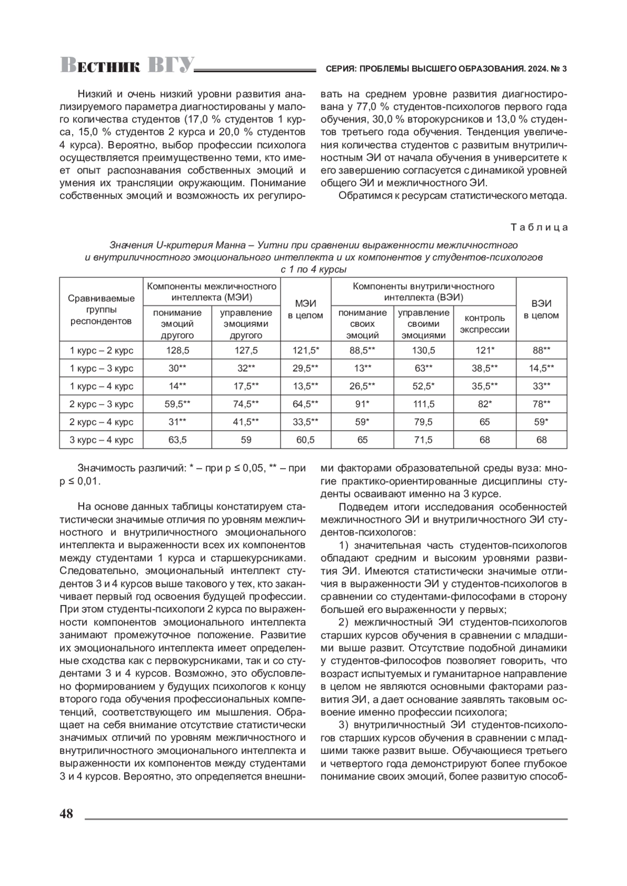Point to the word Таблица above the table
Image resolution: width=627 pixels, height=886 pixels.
click(x=539, y=228)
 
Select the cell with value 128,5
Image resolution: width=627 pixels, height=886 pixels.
click(x=177, y=350)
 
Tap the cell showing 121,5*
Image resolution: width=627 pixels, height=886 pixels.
click(x=306, y=350)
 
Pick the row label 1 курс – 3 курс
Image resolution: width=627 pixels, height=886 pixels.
click(x=101, y=369)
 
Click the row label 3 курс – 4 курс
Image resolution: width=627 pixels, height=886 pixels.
click(x=101, y=440)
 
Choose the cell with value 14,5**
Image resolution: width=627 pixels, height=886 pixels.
click(x=541, y=369)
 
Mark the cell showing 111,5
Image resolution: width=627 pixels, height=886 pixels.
click(x=423, y=404)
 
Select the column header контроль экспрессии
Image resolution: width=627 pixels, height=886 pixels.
click(x=484, y=324)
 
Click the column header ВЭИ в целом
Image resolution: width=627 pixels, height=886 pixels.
click(x=541, y=310)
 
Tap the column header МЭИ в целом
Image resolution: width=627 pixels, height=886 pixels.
click(x=306, y=310)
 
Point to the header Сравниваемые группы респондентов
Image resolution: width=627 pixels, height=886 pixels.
click(x=101, y=310)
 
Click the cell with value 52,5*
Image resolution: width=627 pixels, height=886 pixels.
click(x=423, y=386)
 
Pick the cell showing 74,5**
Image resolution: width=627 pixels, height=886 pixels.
click(x=246, y=404)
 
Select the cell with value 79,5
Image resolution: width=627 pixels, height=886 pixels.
click(x=423, y=422)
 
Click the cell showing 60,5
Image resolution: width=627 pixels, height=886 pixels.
click(x=306, y=440)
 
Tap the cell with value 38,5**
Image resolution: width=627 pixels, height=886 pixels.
click(x=484, y=369)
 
